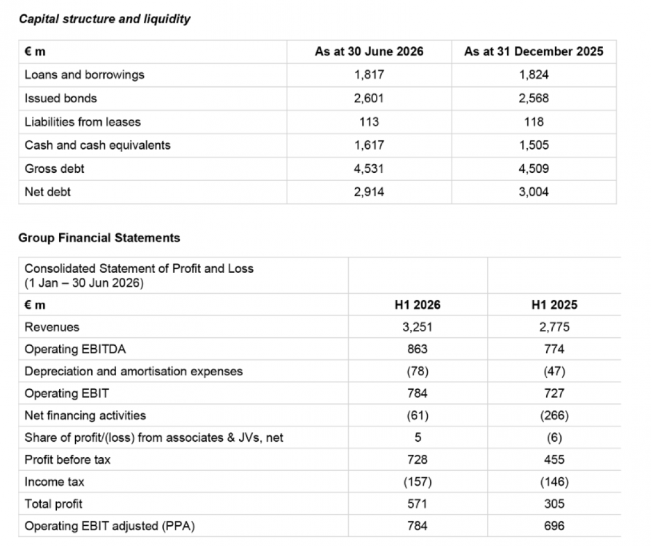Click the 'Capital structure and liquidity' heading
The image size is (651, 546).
click(105, 19)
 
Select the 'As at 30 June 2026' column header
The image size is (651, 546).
click(369, 51)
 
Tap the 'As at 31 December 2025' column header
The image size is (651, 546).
click(533, 51)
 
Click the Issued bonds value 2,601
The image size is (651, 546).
click(369, 98)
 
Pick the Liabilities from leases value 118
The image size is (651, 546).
click(533, 122)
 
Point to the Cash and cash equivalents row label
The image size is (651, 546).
click(98, 145)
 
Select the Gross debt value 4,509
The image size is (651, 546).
click(533, 168)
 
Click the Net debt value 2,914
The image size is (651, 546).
click(369, 191)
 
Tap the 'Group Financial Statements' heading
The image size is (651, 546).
click(99, 237)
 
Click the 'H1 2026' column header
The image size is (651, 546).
click(417, 304)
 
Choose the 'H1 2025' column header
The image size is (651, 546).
click(555, 304)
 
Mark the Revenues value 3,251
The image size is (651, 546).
click(417, 327)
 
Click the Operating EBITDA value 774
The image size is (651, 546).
click(555, 349)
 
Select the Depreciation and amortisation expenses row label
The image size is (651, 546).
click(134, 371)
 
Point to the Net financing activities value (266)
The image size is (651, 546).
click(555, 416)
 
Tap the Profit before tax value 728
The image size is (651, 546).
click(417, 460)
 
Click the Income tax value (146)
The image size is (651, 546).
click(555, 481)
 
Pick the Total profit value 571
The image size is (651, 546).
click(417, 503)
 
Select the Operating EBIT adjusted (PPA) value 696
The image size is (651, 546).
click(555, 526)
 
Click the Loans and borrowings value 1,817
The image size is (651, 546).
click(369, 75)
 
